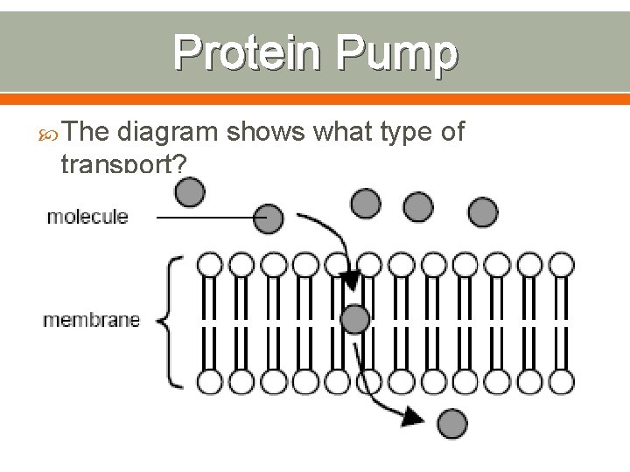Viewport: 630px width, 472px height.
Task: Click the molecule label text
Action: tap(87, 216)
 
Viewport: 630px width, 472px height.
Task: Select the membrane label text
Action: tap(92, 320)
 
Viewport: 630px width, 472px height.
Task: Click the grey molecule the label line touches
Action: tap(269, 219)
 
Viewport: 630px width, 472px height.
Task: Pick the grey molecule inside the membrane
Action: tap(355, 319)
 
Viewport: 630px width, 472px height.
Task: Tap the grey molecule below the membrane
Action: tap(451, 423)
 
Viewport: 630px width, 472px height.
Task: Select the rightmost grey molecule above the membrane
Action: tap(482, 212)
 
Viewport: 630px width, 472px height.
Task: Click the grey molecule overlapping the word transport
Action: tap(190, 192)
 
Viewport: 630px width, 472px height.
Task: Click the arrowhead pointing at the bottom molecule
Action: tap(410, 419)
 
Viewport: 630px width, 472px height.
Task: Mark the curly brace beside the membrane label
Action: tap(172, 320)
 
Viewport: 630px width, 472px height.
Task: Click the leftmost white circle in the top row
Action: tap(209, 264)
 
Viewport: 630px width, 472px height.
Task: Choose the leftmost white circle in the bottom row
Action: tap(209, 381)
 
